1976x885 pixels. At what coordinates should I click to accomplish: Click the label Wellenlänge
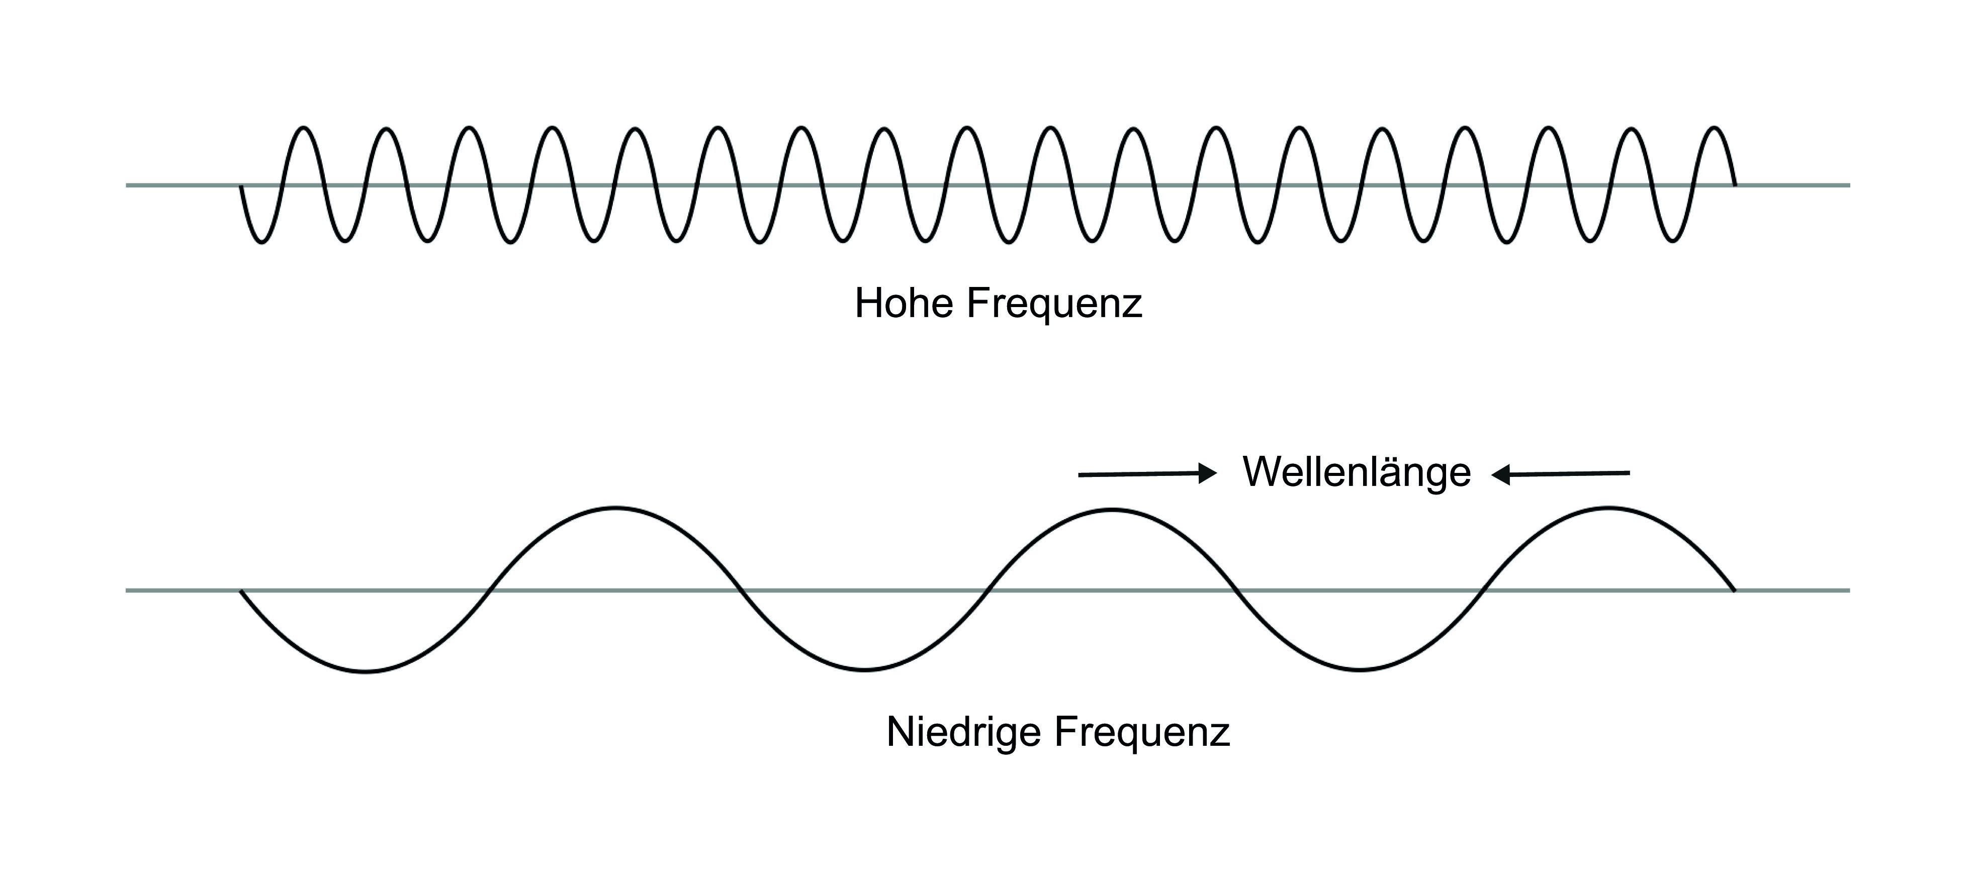[x=1356, y=472]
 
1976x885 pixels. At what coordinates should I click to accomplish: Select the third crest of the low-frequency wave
[x=1608, y=508]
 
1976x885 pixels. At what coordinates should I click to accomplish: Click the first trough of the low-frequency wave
[x=366, y=672]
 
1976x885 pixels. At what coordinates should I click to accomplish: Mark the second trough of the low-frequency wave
[x=864, y=670]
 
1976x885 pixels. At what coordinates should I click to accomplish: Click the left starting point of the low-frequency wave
[x=242, y=592]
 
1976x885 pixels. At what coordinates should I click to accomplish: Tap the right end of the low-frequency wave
[x=1734, y=591]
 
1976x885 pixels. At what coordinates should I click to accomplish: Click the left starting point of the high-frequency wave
[x=242, y=185]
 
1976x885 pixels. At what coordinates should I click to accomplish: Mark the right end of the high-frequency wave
[x=1735, y=185]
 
